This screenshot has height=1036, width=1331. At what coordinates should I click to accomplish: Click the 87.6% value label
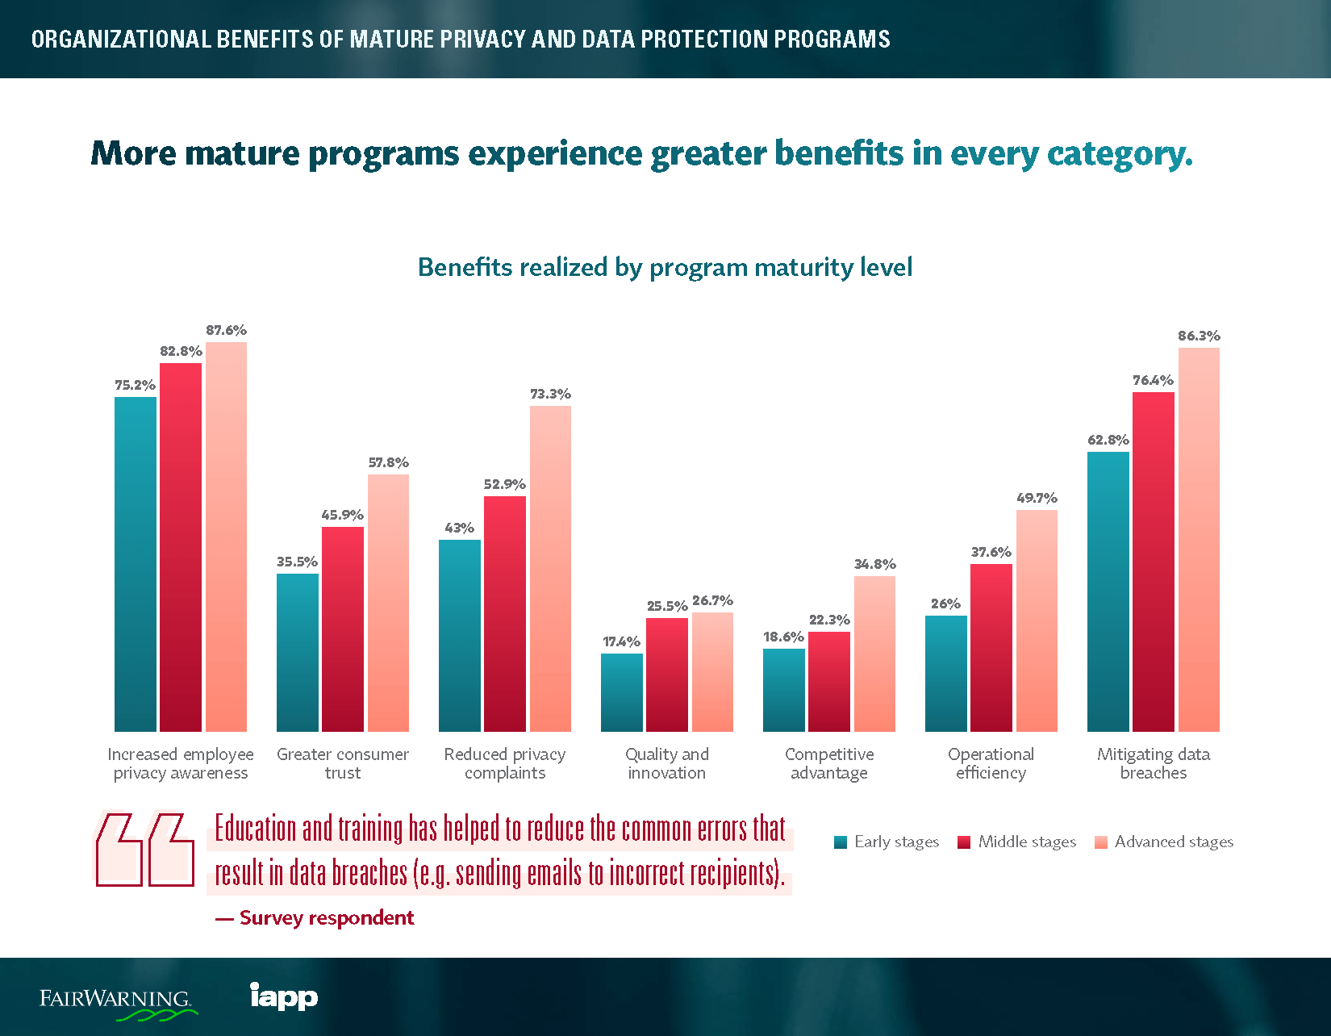tap(226, 330)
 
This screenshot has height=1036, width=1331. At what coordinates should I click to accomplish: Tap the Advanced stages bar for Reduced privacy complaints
tap(550, 568)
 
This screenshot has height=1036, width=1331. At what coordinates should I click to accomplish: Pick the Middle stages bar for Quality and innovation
tap(666, 675)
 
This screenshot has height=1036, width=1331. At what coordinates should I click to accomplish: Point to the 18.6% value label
tap(783, 637)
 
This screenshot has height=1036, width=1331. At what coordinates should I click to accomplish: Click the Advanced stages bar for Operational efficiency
tap(1037, 620)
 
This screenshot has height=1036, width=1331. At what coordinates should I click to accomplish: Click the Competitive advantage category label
tap(829, 763)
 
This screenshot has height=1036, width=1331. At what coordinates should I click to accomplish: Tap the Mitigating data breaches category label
tap(1154, 763)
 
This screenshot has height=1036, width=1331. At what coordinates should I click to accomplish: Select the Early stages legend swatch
tap(841, 842)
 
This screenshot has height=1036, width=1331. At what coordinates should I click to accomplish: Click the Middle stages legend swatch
tap(964, 842)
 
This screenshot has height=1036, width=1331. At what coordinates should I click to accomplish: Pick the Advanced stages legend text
tap(1174, 842)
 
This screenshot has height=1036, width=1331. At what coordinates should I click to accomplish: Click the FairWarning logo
tap(117, 1000)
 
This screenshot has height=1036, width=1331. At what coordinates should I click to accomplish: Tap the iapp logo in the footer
tap(284, 996)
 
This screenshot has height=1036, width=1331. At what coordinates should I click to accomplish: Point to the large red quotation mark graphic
tap(145, 850)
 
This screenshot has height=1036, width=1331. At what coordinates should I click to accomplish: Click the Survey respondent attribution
tap(315, 917)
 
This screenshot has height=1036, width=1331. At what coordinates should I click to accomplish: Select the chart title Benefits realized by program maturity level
tap(665, 267)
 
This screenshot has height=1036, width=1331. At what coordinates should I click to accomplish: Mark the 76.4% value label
tap(1153, 380)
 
